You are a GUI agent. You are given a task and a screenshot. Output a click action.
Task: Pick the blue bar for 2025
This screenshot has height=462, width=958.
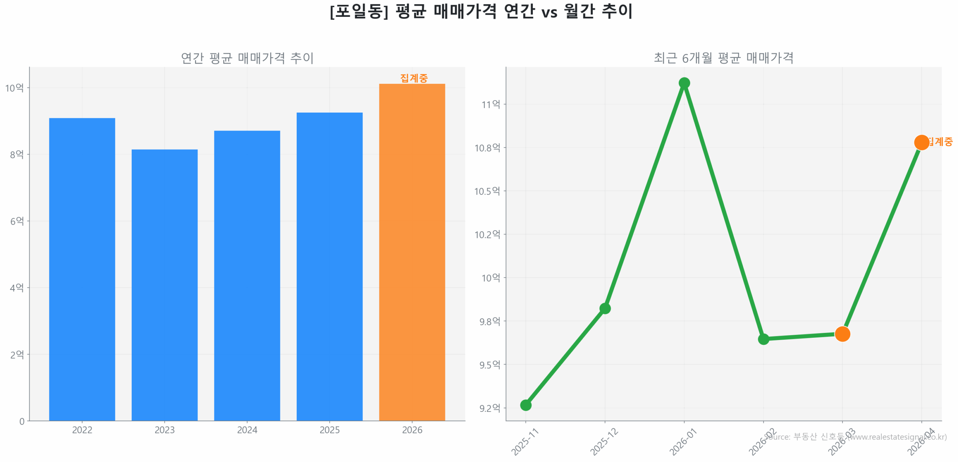(329, 266)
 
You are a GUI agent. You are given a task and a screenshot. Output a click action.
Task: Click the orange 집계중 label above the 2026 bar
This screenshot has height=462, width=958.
(414, 78)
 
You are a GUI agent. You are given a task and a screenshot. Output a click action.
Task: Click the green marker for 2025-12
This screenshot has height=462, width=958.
(605, 308)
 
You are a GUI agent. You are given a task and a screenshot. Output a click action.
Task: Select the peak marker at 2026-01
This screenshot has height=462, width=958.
(684, 83)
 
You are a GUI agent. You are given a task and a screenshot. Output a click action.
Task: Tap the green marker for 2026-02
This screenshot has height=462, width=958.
(763, 339)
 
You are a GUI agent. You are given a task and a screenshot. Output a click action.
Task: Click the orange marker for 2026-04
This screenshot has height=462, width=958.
(921, 142)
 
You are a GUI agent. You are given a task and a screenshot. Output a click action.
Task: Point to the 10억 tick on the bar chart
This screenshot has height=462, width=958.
(14, 88)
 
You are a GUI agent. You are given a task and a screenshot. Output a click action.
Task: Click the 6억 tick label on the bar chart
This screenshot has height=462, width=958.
(17, 221)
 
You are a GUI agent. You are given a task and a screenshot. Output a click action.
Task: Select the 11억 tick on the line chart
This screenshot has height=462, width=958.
(491, 104)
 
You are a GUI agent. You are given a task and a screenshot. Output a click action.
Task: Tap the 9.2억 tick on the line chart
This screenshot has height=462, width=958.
(489, 408)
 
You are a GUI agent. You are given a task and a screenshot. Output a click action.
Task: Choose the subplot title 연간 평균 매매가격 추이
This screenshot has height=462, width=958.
(247, 58)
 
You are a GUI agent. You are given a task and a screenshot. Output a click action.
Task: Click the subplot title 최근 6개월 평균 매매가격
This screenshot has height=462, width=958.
(723, 58)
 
